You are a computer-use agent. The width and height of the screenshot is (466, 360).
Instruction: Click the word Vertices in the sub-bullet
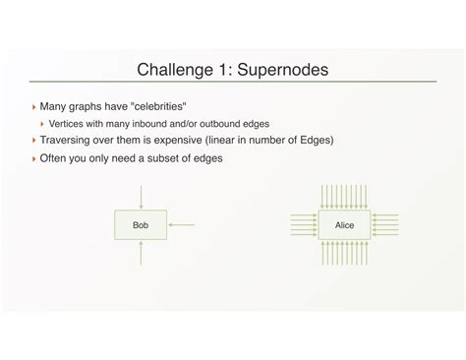[x=69, y=123]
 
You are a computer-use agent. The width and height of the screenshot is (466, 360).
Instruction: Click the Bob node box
[x=142, y=225]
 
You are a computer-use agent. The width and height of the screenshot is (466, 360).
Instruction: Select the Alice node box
[x=344, y=225]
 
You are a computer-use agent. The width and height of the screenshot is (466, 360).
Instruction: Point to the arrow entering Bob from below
[x=142, y=254]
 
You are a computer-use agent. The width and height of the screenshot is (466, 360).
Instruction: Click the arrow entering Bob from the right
[x=182, y=225]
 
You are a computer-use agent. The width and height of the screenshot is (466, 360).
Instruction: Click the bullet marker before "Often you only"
[x=34, y=158]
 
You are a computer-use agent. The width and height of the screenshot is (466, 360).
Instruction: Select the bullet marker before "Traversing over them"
[x=34, y=140]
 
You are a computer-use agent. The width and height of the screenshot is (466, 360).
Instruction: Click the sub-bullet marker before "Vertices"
[x=44, y=123]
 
